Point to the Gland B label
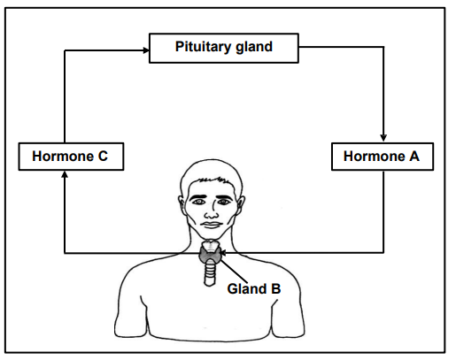point(254,288)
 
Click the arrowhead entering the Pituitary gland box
point(146,50)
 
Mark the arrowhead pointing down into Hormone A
point(383,138)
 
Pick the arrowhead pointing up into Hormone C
point(65,174)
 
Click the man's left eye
point(223,202)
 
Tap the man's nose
point(212,211)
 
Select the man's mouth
point(212,225)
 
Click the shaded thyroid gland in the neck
point(210,254)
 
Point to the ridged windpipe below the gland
point(210,272)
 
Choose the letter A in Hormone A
point(414,157)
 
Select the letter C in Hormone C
point(103,157)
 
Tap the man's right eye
point(198,202)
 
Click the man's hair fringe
point(210,180)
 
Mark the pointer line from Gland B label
point(234,272)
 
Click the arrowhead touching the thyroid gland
point(223,253)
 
